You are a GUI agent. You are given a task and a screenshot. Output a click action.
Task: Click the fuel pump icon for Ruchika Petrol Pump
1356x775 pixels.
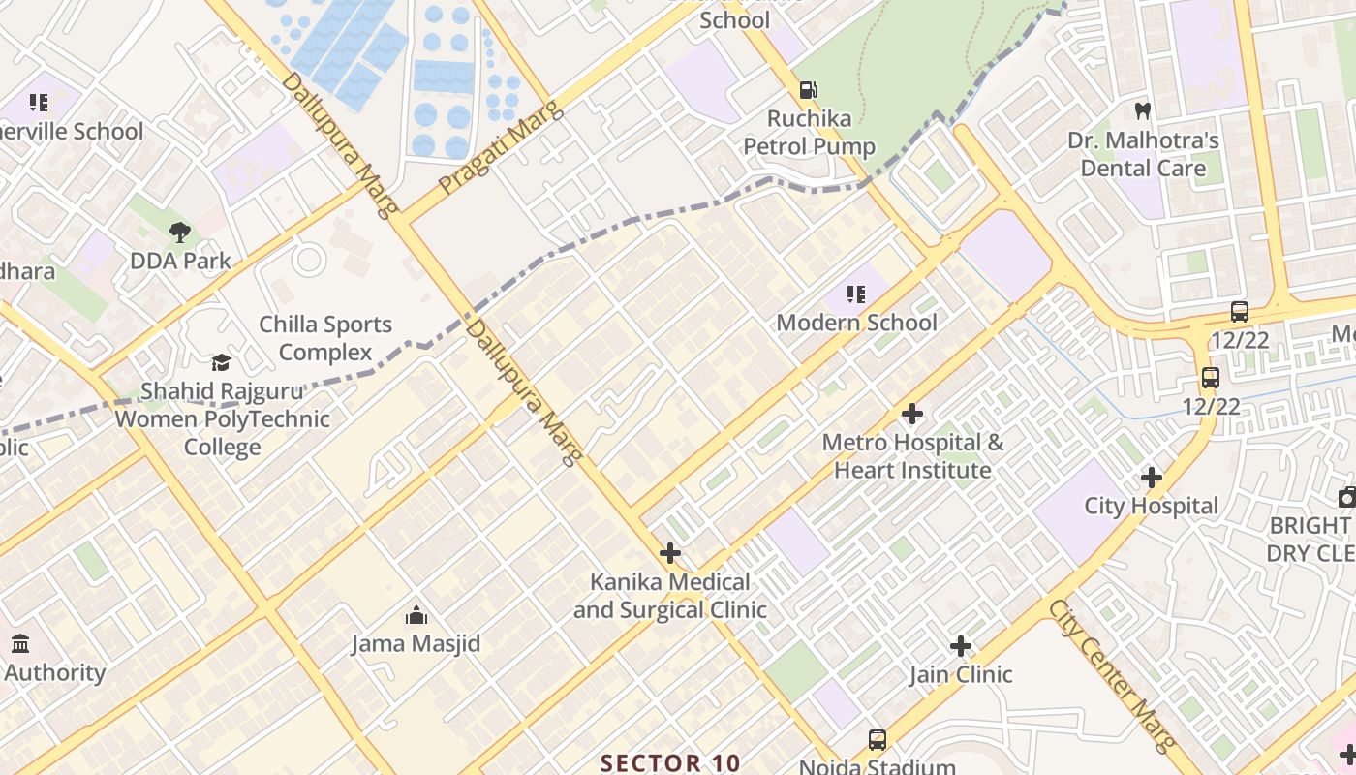coord(807,90)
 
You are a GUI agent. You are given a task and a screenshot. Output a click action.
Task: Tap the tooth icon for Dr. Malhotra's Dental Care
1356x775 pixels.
coord(1142,111)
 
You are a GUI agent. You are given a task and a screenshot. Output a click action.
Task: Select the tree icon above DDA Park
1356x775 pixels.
coord(179,232)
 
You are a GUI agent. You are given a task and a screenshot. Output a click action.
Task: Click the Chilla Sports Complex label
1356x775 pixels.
coord(325,338)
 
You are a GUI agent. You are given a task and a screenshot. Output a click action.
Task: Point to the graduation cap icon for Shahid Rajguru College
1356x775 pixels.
coord(222,363)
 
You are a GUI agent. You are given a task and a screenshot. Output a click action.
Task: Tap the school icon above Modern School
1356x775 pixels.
coord(855,294)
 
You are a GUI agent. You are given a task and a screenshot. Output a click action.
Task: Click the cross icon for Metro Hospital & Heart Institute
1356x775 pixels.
coord(911,415)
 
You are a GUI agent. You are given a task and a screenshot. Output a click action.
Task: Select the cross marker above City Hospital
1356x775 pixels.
coord(1151,478)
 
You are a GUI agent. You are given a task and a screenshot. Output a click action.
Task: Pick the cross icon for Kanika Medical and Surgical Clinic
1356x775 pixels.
coord(669,554)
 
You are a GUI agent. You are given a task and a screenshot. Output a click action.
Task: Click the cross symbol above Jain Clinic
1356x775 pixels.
coord(960,646)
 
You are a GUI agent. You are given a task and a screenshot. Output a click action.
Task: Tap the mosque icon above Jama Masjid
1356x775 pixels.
coord(416,615)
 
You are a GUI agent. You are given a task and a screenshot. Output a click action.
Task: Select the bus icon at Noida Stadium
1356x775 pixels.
coord(877,740)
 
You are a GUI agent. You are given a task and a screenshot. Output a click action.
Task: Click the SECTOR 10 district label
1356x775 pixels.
coord(670,762)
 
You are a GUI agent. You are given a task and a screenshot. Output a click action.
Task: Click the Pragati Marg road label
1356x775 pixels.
coord(488,145)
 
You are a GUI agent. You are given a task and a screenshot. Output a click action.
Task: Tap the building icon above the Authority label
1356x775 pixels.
coord(20,643)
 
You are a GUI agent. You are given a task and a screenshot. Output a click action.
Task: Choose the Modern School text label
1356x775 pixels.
coord(856,322)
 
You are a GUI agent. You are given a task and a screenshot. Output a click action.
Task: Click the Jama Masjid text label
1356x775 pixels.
coord(416,644)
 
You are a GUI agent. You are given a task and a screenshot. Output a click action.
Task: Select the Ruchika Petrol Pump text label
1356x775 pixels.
coord(809,133)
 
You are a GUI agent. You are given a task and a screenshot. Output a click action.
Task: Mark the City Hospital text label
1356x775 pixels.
coord(1151,506)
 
